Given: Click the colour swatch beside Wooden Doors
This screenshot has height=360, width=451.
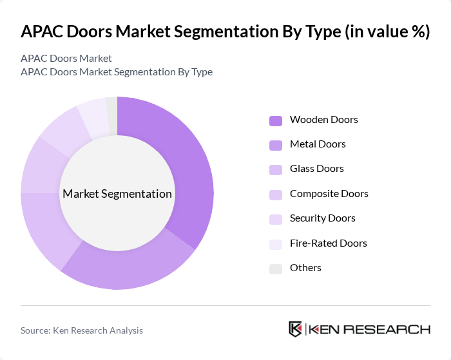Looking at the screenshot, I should (x=276, y=120).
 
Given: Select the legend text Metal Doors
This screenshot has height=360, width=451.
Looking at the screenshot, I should (x=318, y=144).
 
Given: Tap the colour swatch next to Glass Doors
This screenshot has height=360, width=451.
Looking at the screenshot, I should (x=276, y=169).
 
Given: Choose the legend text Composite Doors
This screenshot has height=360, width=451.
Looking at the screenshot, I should (x=329, y=194).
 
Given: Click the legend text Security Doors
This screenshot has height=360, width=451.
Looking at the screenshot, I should (x=322, y=218).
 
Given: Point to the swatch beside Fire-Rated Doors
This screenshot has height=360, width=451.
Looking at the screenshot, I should (x=276, y=244).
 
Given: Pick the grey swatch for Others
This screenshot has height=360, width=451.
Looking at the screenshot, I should (x=276, y=269).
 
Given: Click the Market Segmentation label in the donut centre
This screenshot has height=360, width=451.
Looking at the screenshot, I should (x=117, y=194).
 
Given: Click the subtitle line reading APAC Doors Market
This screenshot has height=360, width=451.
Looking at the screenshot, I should (x=66, y=59).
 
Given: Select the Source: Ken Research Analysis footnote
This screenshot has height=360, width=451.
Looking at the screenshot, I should (x=82, y=330).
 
